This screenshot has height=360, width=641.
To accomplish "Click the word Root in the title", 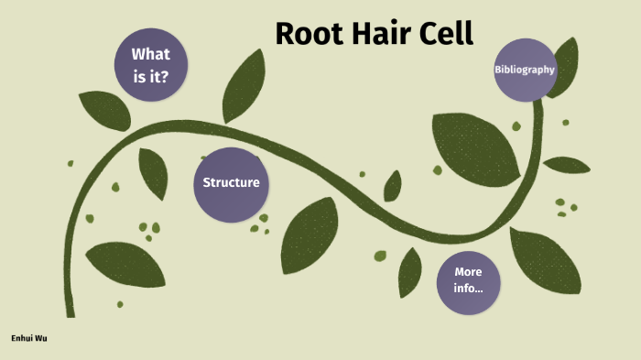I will click(x=309, y=34).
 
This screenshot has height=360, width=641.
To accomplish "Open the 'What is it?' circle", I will click(x=151, y=65).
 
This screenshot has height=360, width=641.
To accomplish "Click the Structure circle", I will click(x=231, y=182).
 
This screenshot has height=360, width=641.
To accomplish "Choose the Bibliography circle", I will click(x=525, y=70).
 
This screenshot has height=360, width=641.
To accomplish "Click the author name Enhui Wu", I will click(x=30, y=338).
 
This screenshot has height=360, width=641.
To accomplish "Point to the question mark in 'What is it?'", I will click(x=166, y=77).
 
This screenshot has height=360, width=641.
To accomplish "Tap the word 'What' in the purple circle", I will click(x=151, y=54).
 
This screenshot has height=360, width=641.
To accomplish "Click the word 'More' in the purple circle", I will click(x=467, y=272).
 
